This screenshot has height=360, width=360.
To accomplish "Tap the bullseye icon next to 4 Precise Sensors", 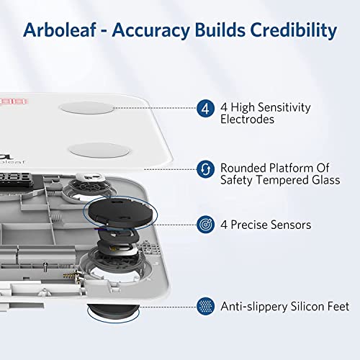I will coord(205,225).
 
